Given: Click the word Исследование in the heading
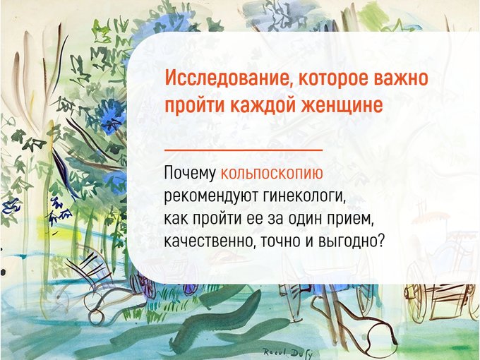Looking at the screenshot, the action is [226, 78].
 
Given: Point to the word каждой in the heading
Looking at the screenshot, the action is [263, 105].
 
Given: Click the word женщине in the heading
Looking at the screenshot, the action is [342, 105].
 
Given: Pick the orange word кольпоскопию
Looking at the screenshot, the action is [272, 173].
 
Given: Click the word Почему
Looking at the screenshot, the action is [190, 173].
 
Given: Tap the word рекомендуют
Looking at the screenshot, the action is [212, 196].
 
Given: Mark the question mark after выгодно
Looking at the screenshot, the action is [380, 241].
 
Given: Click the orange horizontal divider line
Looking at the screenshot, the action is [244, 150].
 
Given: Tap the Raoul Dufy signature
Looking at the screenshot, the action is [288, 354].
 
